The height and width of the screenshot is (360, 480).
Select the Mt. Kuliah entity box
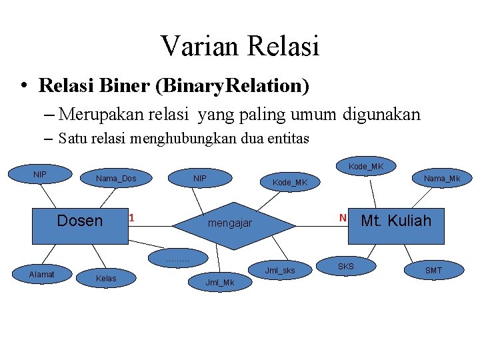[396, 221]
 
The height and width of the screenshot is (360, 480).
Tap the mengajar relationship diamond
[230, 223]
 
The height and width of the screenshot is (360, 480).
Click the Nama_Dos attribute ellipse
[116, 178]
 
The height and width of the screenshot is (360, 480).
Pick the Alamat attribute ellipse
[41, 274]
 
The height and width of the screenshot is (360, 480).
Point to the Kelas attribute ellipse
[106, 278]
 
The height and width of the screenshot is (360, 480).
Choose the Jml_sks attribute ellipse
[279, 270]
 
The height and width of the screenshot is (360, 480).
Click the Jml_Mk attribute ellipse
[220, 283]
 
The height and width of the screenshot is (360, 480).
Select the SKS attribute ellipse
[346, 267]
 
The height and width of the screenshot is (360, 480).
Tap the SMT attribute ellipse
[433, 270]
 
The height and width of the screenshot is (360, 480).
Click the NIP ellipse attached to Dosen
[40, 175]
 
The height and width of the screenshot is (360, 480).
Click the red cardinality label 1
[132, 218]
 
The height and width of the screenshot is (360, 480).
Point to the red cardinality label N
[343, 218]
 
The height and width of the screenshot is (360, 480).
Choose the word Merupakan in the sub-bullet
[101, 115]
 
